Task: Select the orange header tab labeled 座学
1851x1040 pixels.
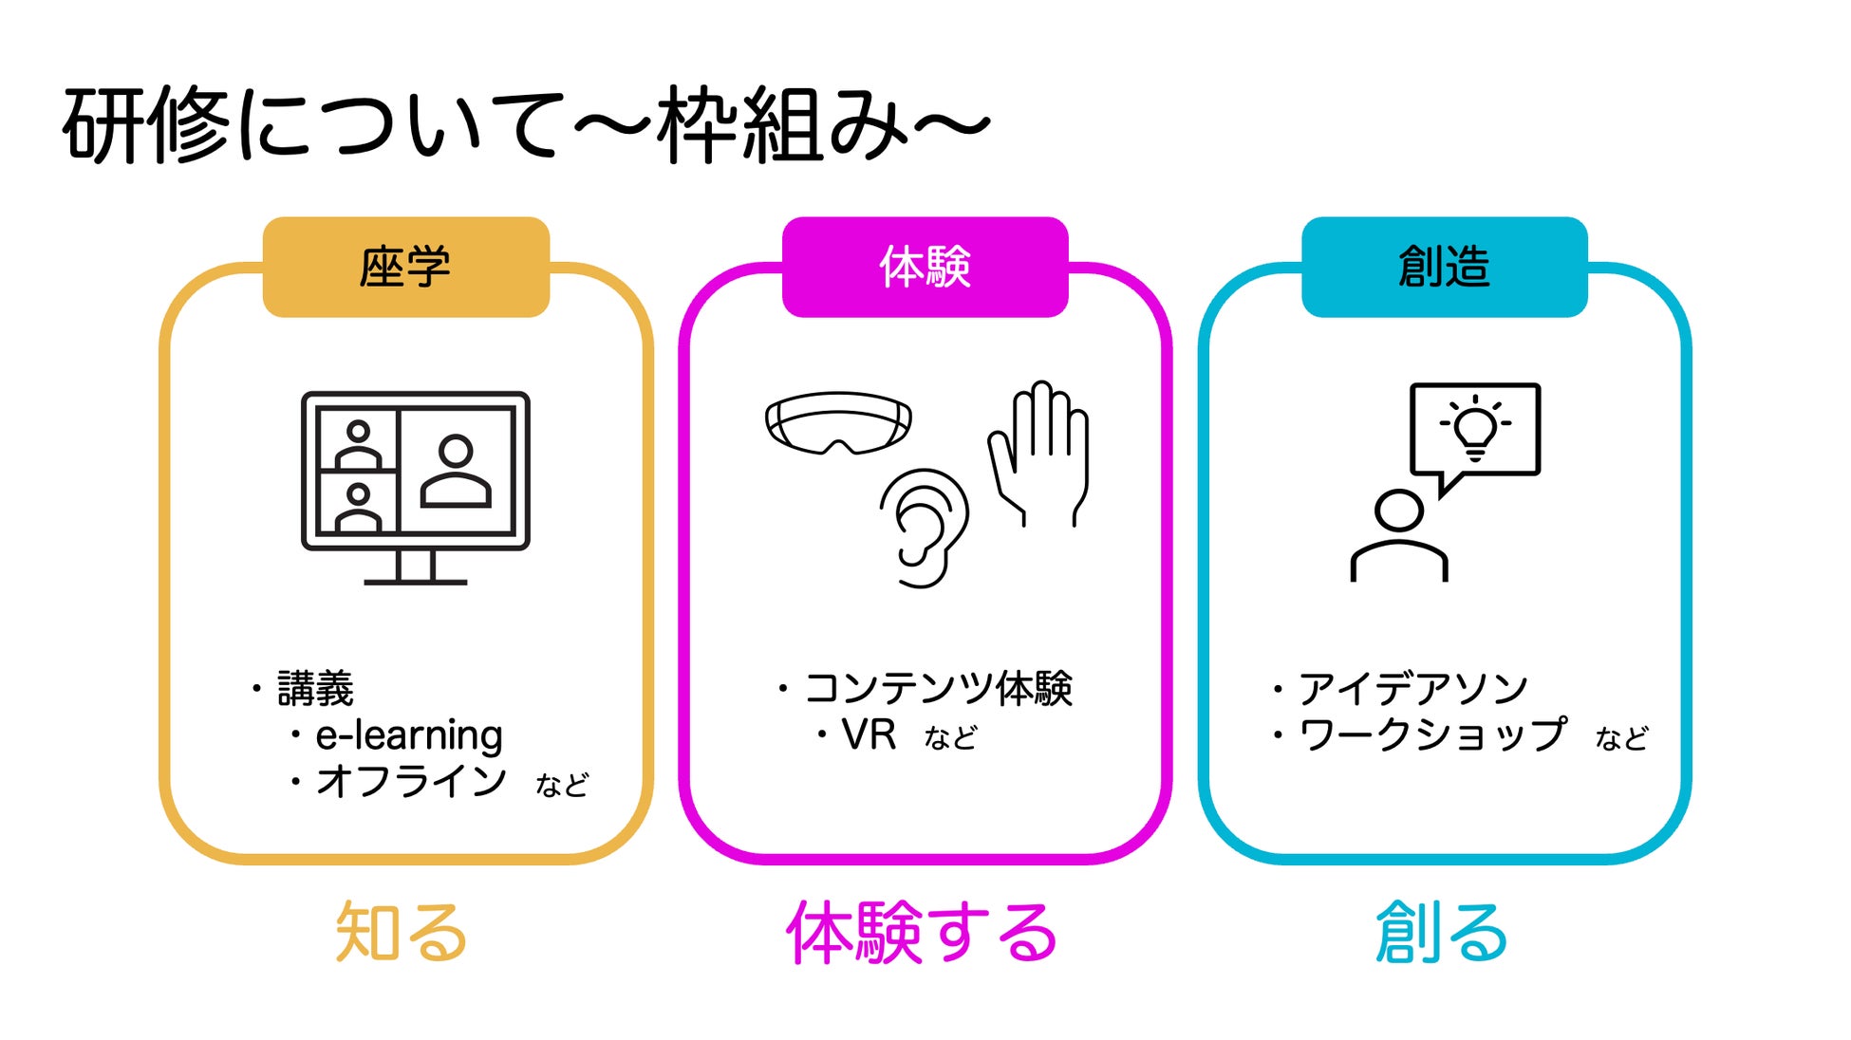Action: point(405,267)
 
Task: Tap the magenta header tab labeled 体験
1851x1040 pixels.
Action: point(925,267)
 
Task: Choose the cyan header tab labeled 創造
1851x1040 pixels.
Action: point(1444,267)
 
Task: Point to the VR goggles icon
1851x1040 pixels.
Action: point(838,423)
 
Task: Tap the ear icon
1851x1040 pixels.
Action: point(924,527)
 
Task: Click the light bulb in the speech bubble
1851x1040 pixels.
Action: point(1475,428)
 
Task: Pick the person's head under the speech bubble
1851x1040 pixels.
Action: point(1398,511)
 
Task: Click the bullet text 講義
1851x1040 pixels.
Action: point(315,688)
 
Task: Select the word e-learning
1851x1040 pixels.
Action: point(409,735)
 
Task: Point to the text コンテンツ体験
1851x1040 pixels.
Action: point(938,688)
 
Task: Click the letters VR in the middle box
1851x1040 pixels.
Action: point(869,735)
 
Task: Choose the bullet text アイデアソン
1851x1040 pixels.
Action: point(1412,688)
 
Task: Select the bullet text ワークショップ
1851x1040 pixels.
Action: point(1432,735)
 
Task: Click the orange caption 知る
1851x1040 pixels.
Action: point(402,933)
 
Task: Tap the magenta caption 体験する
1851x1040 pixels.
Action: point(922,933)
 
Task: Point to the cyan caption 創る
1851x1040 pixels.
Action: point(1442,933)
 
